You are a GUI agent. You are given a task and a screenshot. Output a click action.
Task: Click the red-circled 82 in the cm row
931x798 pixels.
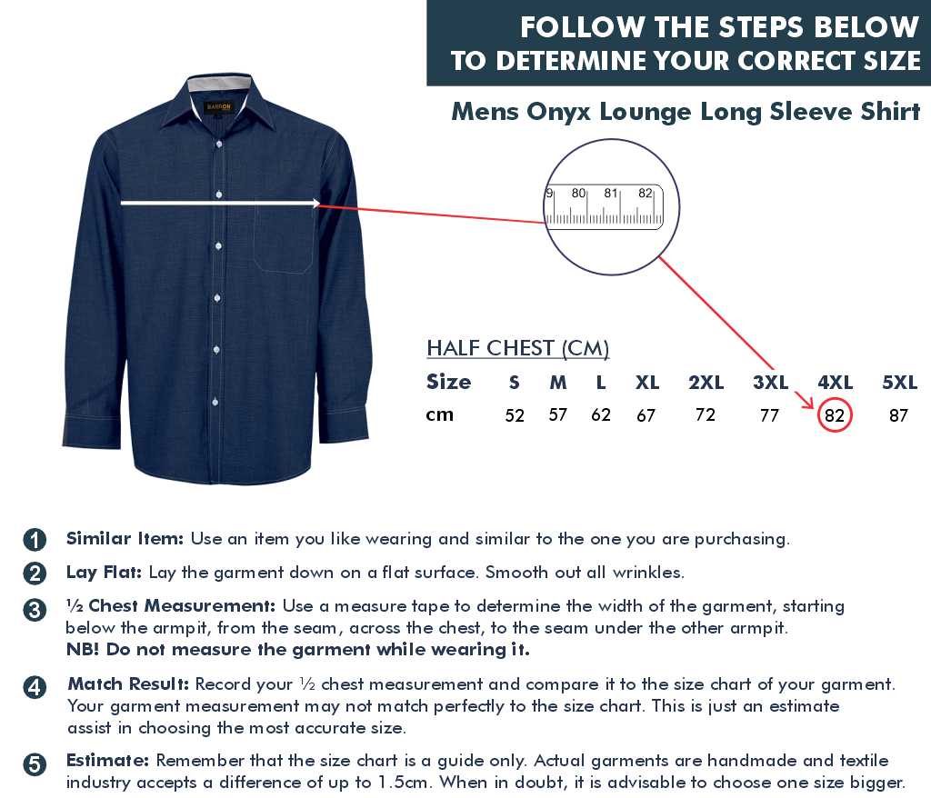click(835, 415)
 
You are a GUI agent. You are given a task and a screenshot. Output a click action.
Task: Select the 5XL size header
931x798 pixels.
click(899, 383)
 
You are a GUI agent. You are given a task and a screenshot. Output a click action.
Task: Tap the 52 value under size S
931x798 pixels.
click(515, 415)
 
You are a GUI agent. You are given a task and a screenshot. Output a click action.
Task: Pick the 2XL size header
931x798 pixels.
click(706, 383)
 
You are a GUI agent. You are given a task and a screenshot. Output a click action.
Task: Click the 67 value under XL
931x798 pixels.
click(646, 415)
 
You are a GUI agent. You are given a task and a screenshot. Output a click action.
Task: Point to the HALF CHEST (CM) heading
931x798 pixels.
click(517, 348)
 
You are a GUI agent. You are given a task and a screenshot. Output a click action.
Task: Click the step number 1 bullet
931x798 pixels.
click(35, 539)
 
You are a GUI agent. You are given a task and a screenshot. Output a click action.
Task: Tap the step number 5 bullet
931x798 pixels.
click(35, 764)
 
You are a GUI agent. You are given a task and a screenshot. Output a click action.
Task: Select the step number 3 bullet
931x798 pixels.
click(35, 610)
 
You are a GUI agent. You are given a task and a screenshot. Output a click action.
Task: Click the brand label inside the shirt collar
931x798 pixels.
click(218, 107)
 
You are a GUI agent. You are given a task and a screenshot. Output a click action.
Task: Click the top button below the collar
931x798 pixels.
click(219, 145)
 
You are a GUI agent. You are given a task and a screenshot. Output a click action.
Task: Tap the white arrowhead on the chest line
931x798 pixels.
click(315, 204)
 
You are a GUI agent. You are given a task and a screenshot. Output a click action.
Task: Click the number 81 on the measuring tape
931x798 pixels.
click(610, 193)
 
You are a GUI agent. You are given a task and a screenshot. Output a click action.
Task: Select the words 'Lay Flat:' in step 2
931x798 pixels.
click(104, 573)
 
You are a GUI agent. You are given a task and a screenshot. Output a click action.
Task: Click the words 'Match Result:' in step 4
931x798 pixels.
click(128, 684)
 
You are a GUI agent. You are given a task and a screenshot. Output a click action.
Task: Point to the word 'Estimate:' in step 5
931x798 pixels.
click(107, 760)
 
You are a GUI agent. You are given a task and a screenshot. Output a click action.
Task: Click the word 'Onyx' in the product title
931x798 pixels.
click(559, 112)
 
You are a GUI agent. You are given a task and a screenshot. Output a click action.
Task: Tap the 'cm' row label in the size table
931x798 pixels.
click(439, 414)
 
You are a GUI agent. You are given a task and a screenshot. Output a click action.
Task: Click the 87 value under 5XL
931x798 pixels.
click(898, 415)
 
